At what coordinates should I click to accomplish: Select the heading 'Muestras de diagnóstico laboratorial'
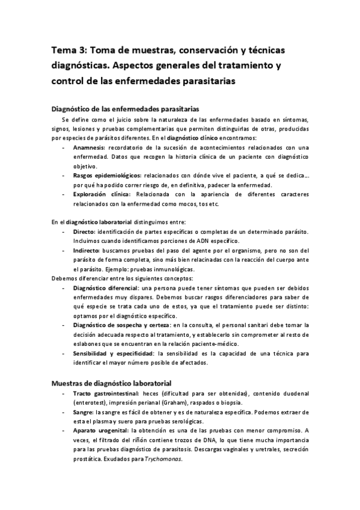(x=112, y=382)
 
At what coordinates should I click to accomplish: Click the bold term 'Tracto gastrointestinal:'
(x=106, y=393)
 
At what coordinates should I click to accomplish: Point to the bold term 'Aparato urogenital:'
(x=100, y=431)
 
